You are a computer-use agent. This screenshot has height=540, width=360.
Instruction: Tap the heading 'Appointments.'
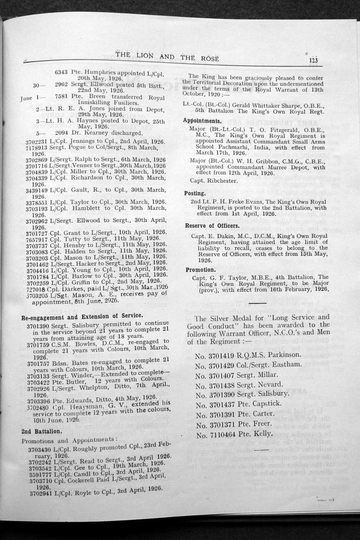(202, 120)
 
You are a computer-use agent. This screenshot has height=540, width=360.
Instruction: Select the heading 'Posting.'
(195, 193)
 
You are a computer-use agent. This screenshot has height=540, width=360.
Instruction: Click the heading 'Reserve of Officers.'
(212, 226)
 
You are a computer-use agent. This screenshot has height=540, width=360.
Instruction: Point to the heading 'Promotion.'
(201, 270)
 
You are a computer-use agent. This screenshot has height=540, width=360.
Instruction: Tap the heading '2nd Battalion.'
(41, 430)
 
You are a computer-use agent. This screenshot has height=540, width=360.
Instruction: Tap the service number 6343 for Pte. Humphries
(62, 72)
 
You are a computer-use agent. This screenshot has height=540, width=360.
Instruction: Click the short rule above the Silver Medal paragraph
(254, 302)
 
